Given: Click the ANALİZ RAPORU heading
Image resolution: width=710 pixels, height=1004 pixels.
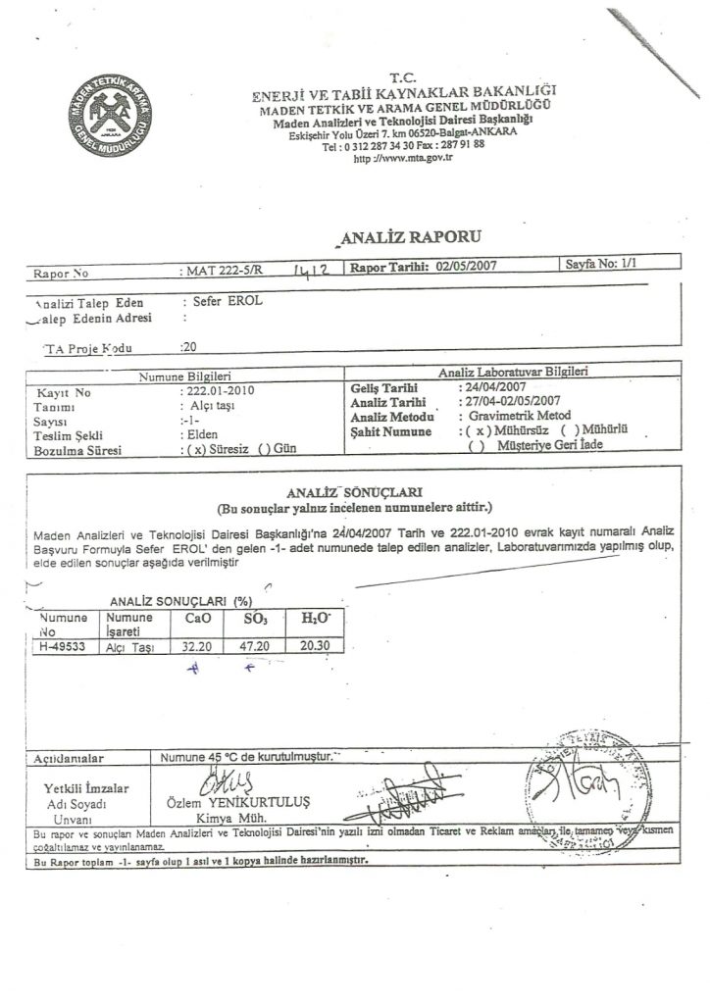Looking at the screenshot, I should click(x=403, y=235).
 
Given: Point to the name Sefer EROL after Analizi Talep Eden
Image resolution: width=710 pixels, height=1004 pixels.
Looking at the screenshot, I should click(x=228, y=302).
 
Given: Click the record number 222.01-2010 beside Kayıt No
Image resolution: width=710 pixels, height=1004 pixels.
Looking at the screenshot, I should click(x=222, y=390).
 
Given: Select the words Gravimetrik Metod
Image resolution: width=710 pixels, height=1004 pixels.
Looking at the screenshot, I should click(x=506, y=417).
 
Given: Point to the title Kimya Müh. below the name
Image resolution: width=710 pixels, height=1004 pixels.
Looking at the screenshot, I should click(x=228, y=818).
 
